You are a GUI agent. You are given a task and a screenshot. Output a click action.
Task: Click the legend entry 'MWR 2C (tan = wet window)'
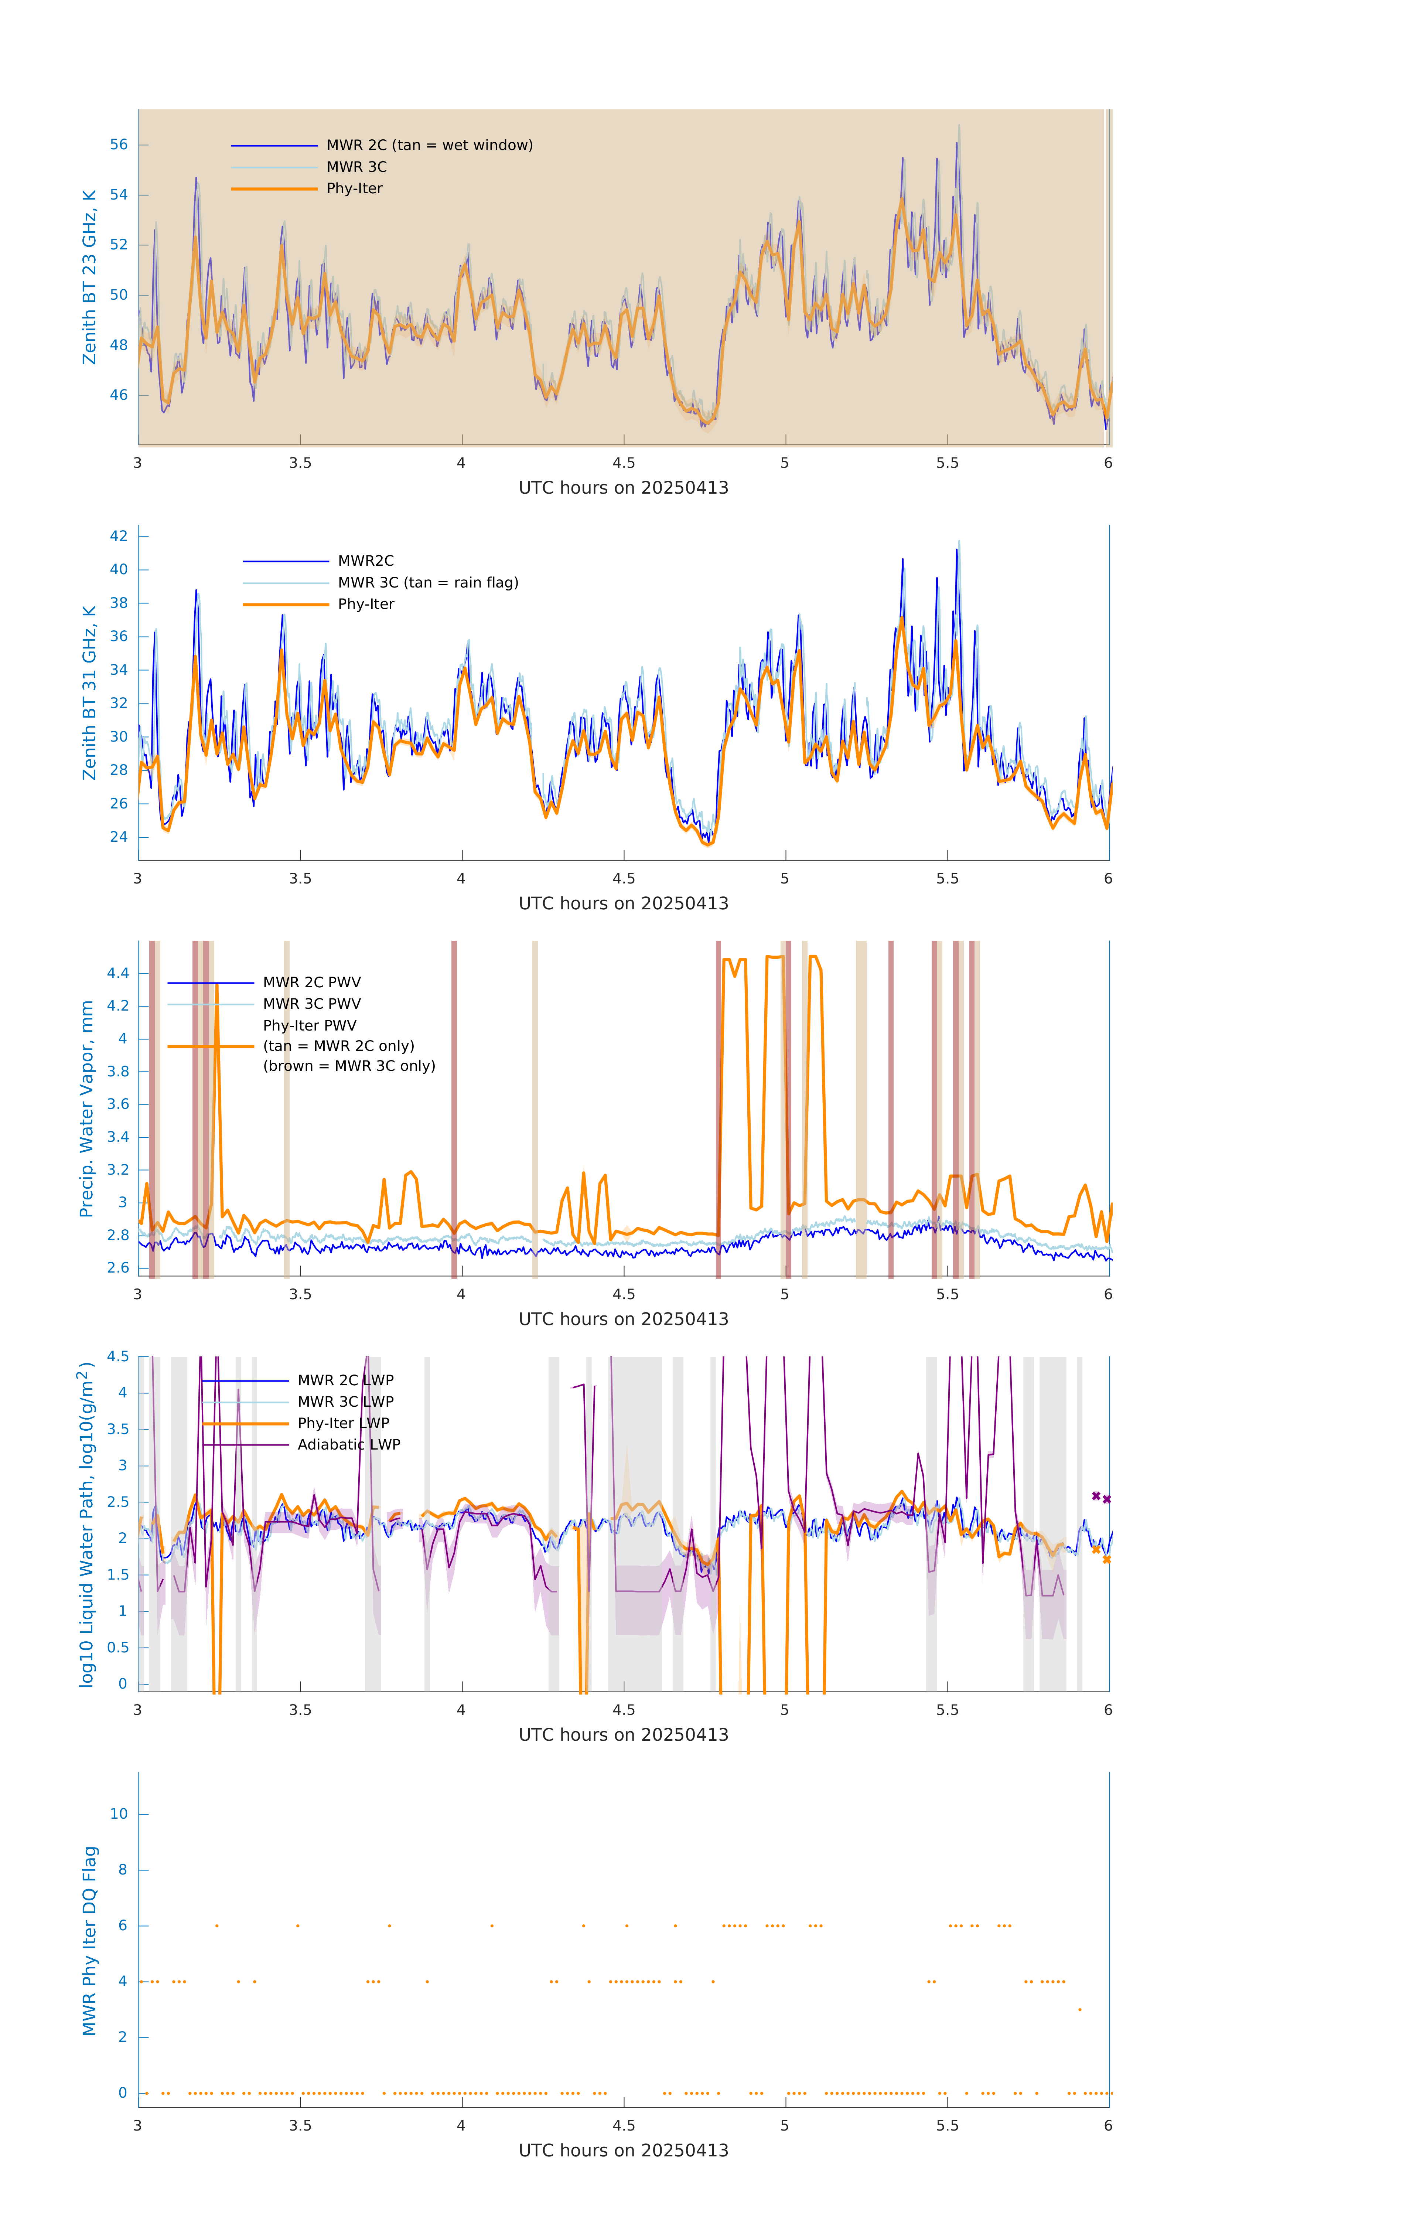(429, 146)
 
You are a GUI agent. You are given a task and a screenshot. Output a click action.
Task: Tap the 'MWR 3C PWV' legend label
(311, 1004)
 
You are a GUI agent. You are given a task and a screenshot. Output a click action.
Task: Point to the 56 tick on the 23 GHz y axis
(119, 144)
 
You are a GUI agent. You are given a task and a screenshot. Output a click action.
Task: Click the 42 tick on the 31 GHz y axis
(119, 536)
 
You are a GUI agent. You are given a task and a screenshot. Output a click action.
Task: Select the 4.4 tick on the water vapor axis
(117, 973)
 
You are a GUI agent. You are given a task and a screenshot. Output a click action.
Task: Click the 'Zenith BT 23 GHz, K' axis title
(89, 277)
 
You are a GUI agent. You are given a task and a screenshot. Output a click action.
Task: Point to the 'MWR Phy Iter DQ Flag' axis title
(89, 1941)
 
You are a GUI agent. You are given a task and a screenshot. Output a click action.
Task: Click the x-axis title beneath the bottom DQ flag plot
(623, 2151)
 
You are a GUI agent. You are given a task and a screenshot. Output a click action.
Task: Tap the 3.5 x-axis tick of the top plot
(300, 463)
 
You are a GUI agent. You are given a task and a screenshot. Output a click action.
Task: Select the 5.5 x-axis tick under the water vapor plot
(947, 1294)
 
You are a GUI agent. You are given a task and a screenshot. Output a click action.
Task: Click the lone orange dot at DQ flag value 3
(1080, 2010)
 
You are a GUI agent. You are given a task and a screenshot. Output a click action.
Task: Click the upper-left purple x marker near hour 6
(1095, 1496)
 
